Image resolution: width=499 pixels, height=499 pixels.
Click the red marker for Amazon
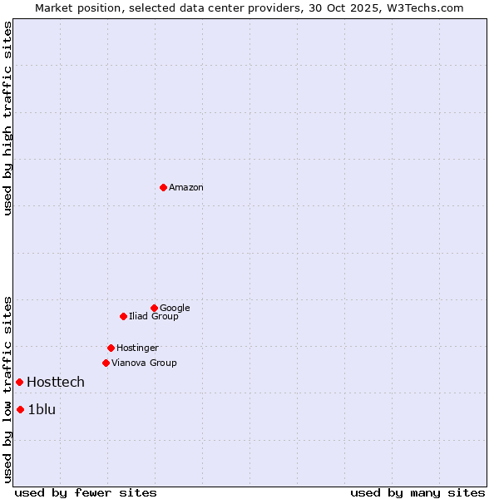163,187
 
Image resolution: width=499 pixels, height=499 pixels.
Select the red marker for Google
154,308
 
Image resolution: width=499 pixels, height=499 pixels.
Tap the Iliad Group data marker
123,316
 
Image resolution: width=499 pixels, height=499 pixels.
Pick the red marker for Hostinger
111,348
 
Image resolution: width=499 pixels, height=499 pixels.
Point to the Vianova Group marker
106,363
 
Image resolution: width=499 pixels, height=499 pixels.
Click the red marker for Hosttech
19,382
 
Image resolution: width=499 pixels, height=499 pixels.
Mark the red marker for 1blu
20,409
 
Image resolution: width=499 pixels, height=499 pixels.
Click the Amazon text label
186,188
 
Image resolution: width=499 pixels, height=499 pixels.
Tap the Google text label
175,309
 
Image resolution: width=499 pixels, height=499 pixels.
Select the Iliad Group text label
154,317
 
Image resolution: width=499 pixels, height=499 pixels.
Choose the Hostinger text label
137,348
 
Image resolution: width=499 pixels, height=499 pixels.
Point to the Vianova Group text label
144,363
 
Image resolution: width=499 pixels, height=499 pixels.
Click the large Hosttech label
56,383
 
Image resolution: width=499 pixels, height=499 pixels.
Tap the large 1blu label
42,410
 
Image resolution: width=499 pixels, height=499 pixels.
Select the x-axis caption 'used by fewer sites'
86,492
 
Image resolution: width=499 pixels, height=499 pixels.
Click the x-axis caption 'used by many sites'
417,492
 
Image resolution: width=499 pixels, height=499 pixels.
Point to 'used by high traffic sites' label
7,118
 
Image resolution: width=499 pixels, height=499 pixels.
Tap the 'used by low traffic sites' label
7,389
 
